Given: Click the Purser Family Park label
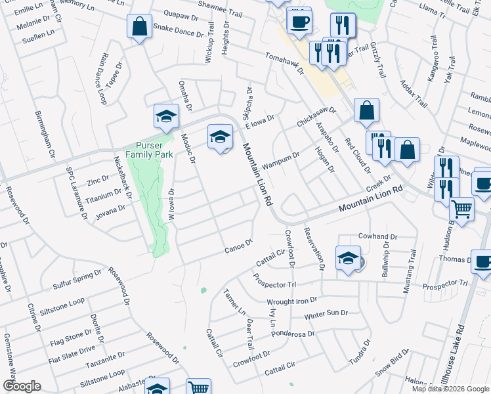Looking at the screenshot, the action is [154, 150].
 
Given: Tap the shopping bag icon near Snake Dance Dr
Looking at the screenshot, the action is [139, 28].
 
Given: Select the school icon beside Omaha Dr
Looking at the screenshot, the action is [167, 117].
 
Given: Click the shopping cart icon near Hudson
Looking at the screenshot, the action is [462, 209].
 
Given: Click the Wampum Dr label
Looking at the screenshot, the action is [281, 160].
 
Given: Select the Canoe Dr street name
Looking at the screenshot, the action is [238, 246].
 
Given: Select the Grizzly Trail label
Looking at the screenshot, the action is [380, 62].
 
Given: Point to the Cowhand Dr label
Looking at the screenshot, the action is [378, 236].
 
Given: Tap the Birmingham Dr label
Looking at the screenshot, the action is [45, 133].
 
